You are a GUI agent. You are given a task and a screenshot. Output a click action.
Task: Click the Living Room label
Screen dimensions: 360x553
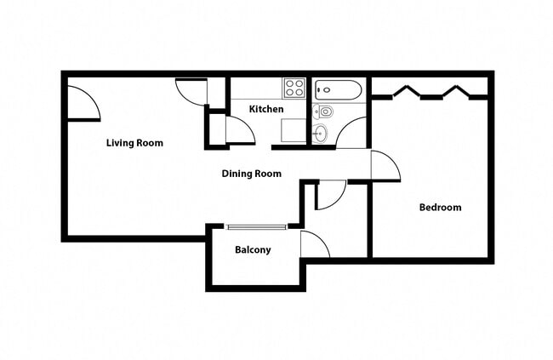pos(134,143)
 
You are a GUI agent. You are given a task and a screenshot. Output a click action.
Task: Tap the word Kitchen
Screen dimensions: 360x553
pos(265,110)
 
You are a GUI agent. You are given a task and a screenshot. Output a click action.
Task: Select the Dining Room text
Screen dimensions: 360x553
pos(251,174)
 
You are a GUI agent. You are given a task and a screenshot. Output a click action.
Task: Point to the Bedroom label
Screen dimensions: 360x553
pos(440,208)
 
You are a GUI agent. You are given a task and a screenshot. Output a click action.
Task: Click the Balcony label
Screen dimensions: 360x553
pos(253,250)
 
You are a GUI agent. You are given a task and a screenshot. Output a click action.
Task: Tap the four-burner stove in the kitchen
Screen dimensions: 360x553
pos(294,87)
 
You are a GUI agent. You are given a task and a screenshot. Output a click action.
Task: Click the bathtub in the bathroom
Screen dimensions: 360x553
pos(338,89)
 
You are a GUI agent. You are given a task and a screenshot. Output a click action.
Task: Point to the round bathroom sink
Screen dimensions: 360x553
pos(320,133)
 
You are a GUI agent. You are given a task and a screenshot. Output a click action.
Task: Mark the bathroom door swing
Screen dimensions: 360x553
pos(351,133)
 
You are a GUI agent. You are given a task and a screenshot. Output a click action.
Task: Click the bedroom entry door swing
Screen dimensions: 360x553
pos(384,165)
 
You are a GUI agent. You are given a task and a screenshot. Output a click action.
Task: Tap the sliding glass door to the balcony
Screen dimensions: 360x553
pos(257,226)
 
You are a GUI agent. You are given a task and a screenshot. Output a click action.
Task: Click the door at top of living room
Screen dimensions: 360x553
pos(190,91)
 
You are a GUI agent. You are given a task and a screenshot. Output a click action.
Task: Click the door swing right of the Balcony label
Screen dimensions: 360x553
pos(314,244)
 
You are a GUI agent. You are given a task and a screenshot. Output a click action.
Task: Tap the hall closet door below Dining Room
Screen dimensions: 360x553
pos(330,195)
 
